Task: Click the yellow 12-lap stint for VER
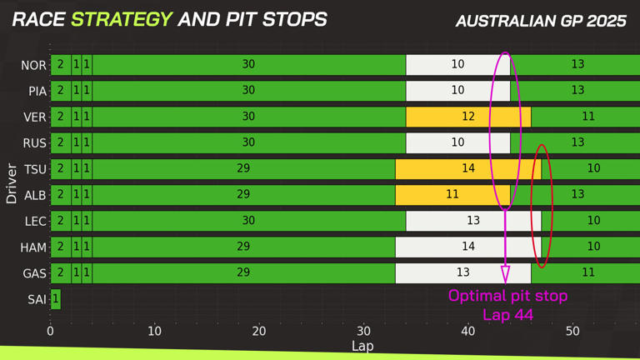468,117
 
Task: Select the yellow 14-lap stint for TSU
468,168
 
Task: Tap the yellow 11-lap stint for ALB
452,194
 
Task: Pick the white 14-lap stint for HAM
468,247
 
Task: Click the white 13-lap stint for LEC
473,221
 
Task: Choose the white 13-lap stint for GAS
463,272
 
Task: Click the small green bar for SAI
56,298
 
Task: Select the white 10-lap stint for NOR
457,64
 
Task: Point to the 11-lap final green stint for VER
587,117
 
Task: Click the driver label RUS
34,143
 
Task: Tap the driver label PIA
37,91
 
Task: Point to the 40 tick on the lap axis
468,332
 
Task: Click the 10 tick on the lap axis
155,332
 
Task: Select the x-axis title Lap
362,346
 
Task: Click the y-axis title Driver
12,183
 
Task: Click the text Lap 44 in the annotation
508,315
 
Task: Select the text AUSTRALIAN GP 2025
541,21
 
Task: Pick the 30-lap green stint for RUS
248,142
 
